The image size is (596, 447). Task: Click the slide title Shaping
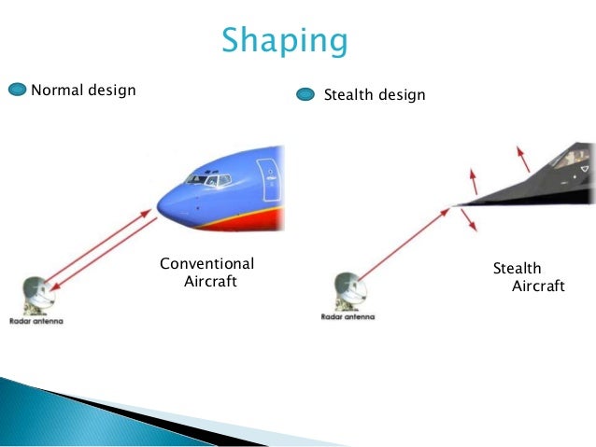click(284, 41)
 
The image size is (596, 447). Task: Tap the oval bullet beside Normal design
click(19, 91)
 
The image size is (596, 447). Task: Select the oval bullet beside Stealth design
click(306, 94)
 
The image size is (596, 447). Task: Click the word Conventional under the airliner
click(206, 263)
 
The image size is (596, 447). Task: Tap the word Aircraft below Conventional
click(210, 281)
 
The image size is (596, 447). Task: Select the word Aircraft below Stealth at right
click(538, 286)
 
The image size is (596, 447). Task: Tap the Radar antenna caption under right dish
click(348, 317)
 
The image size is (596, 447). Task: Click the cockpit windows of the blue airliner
click(206, 179)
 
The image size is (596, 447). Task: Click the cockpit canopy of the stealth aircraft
click(567, 160)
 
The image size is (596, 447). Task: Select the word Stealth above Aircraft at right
click(517, 269)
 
